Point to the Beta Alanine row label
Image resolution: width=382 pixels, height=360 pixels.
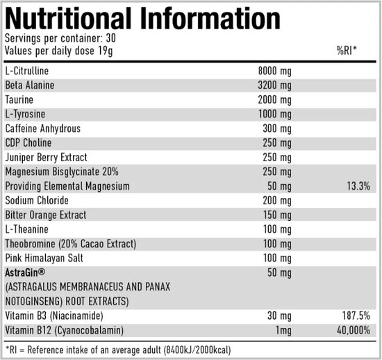tap(30, 85)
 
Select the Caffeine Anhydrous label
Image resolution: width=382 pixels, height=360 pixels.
tap(42, 129)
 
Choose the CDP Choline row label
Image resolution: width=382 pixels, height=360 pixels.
tap(29, 143)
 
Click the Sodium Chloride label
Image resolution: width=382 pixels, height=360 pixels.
tap(35, 201)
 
